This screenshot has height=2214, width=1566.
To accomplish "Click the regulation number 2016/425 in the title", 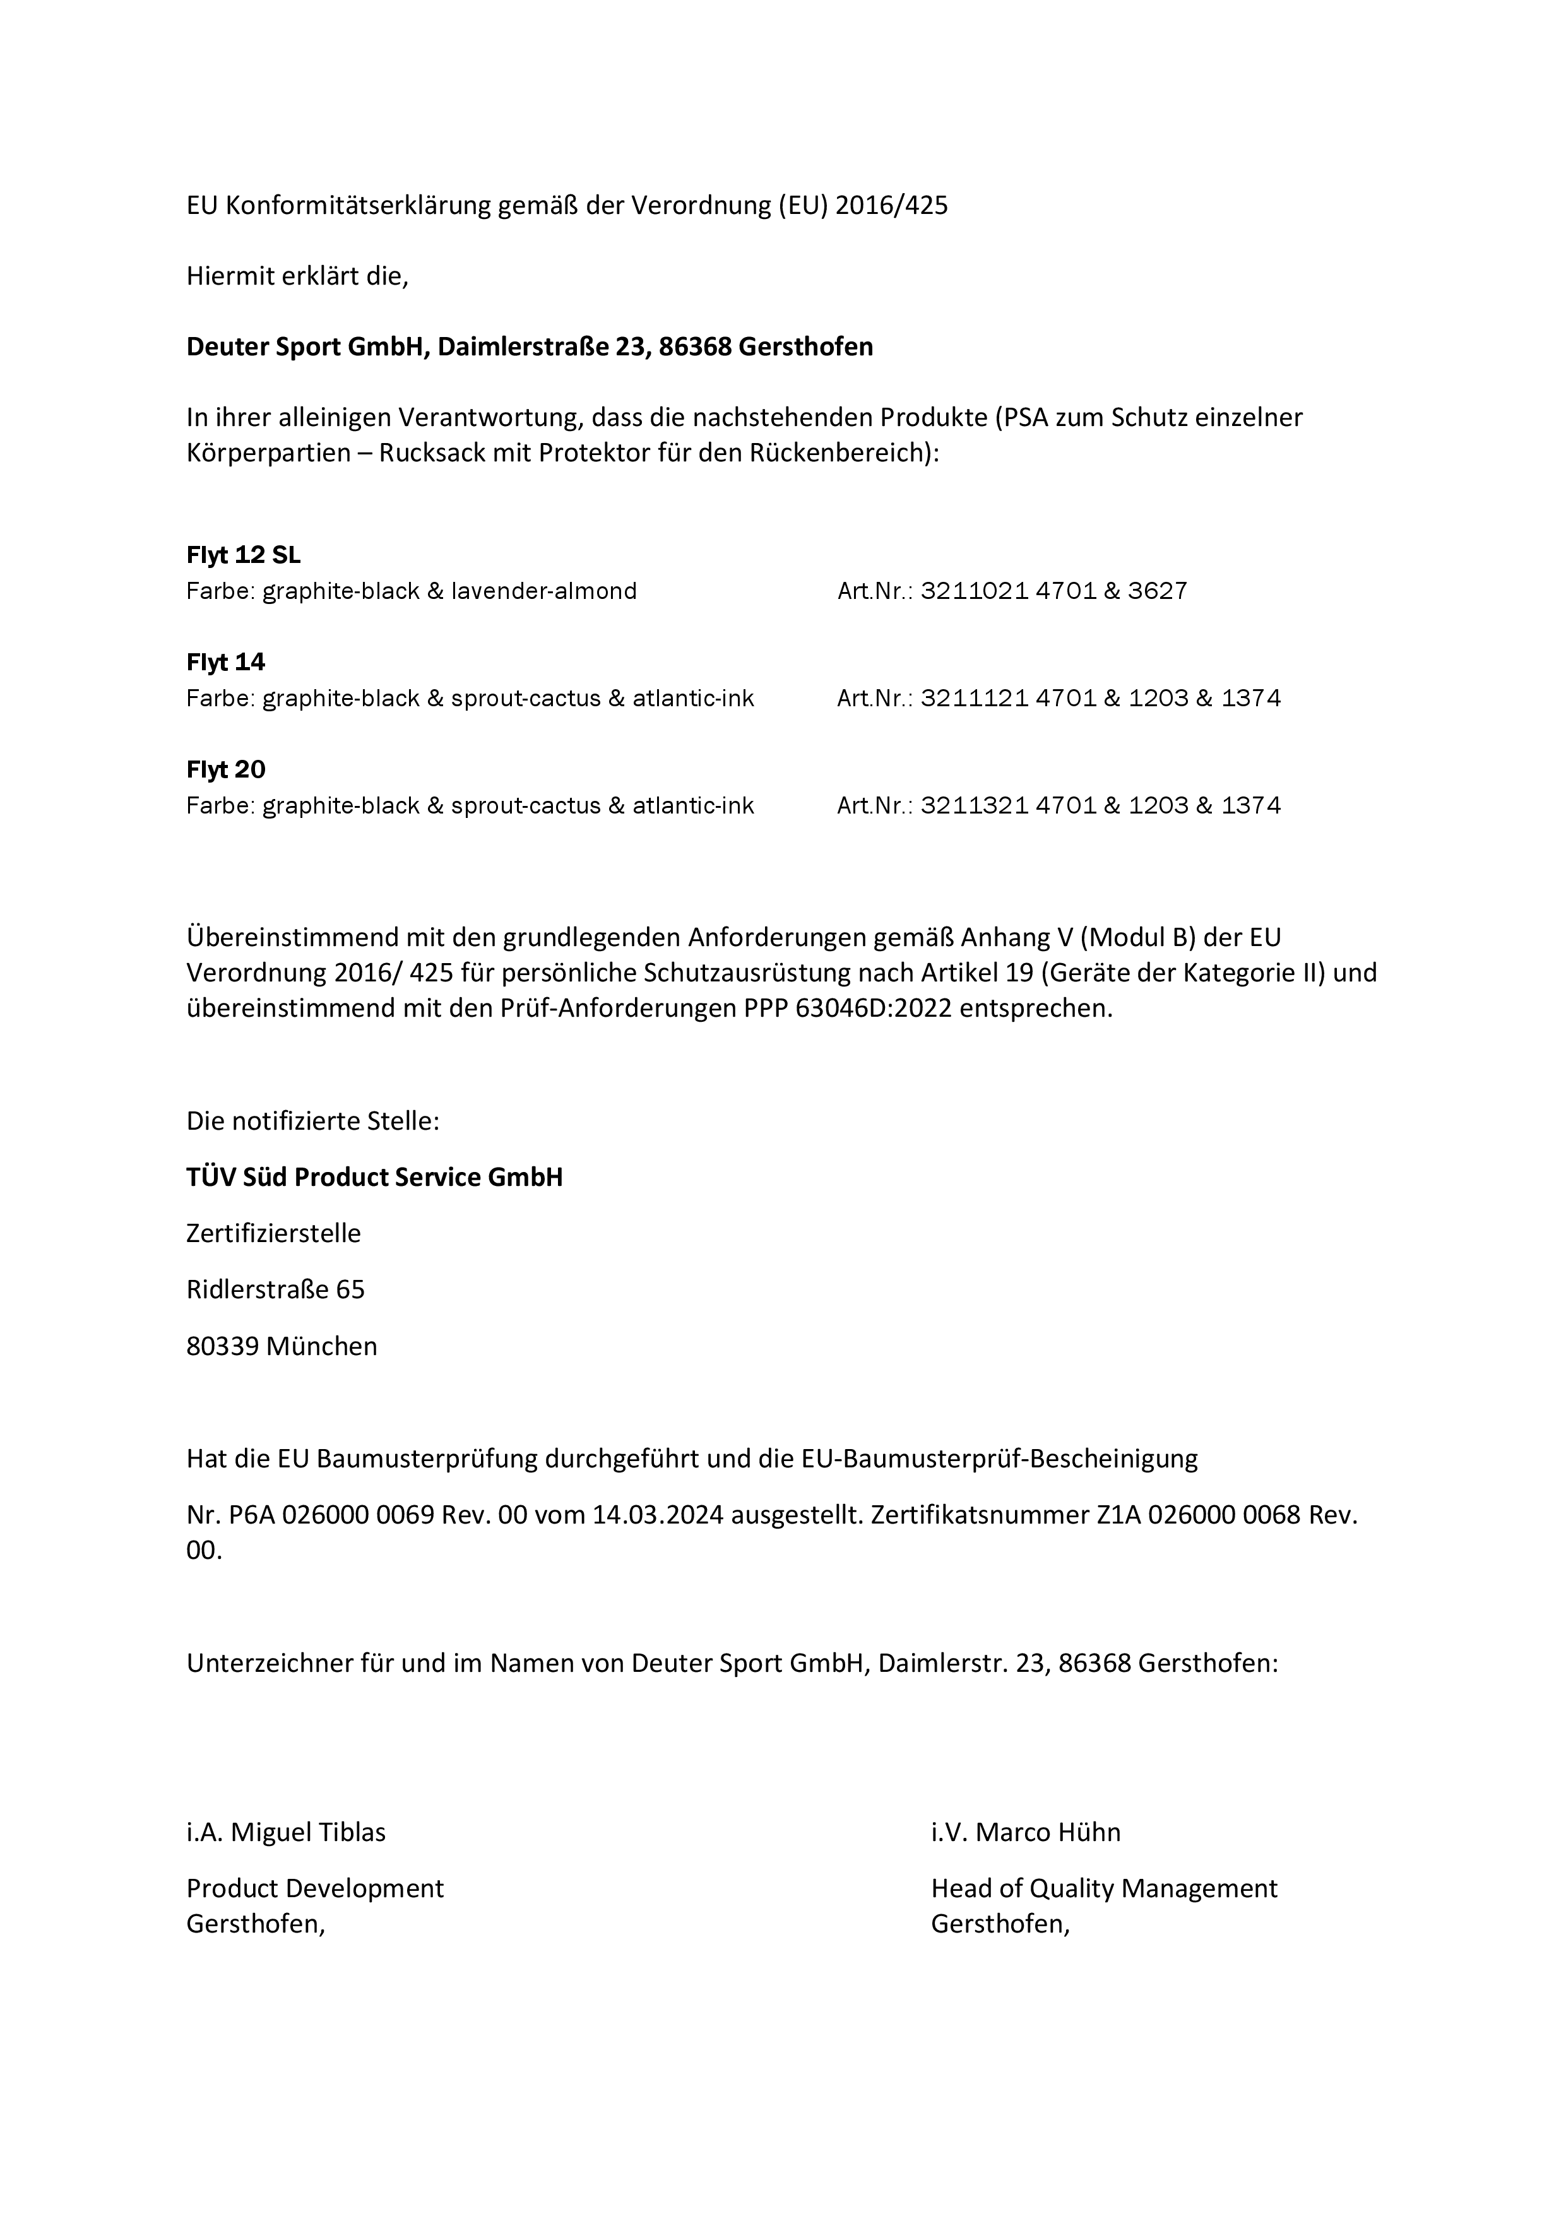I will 891,205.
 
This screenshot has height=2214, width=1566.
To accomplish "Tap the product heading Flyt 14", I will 225,663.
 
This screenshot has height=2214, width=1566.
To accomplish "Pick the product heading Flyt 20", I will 225,769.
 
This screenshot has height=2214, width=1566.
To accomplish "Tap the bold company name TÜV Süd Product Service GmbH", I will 374,1178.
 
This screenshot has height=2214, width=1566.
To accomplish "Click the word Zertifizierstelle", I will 274,1233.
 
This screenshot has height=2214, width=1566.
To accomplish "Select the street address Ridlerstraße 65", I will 276,1289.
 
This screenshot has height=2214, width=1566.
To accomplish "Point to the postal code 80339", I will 223,1346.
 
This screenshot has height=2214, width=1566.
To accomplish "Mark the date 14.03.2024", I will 658,1515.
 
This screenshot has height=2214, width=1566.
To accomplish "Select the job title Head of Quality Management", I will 1104,1888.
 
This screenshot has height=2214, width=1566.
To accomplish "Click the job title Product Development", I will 316,1888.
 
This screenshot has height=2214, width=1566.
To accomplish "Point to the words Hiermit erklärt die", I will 297,276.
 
